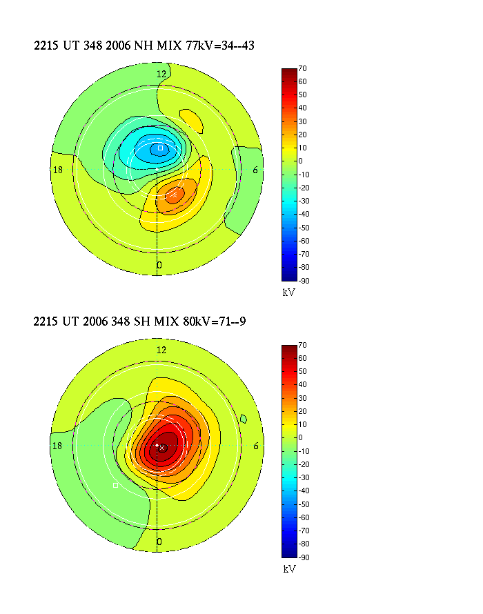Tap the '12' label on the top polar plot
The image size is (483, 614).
161,74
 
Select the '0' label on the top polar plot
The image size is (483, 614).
159,265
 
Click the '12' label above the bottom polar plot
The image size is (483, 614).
161,350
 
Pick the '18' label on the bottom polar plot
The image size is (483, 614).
58,446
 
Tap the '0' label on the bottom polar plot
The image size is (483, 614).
159,542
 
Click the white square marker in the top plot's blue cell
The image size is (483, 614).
160,148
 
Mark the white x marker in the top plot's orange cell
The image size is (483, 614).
175,195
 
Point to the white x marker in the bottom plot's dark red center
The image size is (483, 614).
162,448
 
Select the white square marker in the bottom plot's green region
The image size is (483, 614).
115,485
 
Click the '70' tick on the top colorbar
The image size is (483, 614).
302,69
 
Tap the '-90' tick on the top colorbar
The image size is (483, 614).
302,280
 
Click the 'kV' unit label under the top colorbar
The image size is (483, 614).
289,293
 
